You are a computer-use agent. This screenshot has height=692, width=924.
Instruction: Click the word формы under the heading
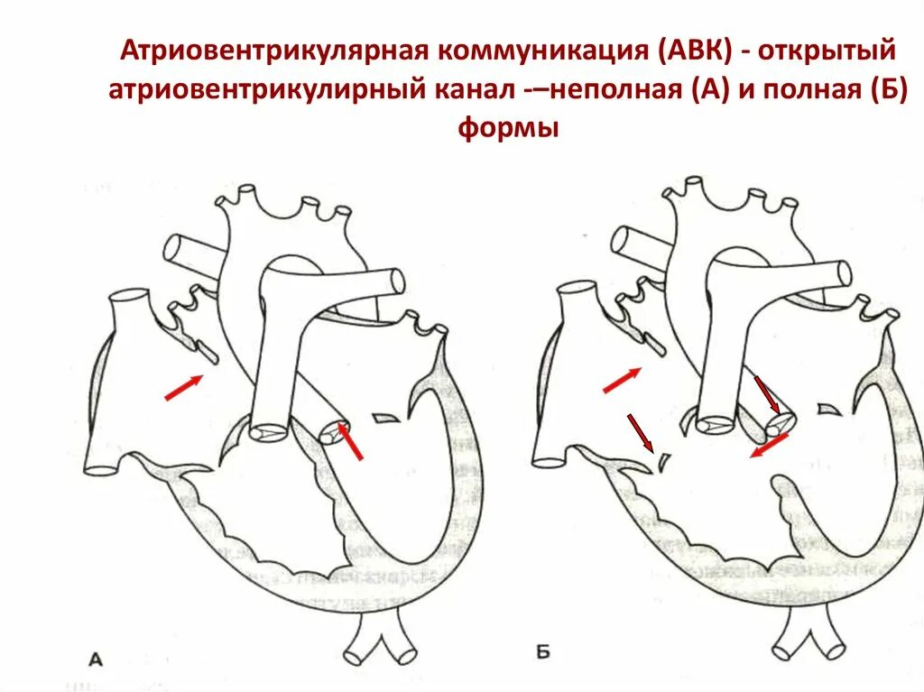click(508, 129)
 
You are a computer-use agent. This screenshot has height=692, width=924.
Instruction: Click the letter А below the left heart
click(96, 660)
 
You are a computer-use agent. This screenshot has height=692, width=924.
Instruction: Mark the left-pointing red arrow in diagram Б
click(770, 446)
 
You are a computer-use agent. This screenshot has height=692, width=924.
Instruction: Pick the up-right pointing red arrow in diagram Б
click(622, 380)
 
